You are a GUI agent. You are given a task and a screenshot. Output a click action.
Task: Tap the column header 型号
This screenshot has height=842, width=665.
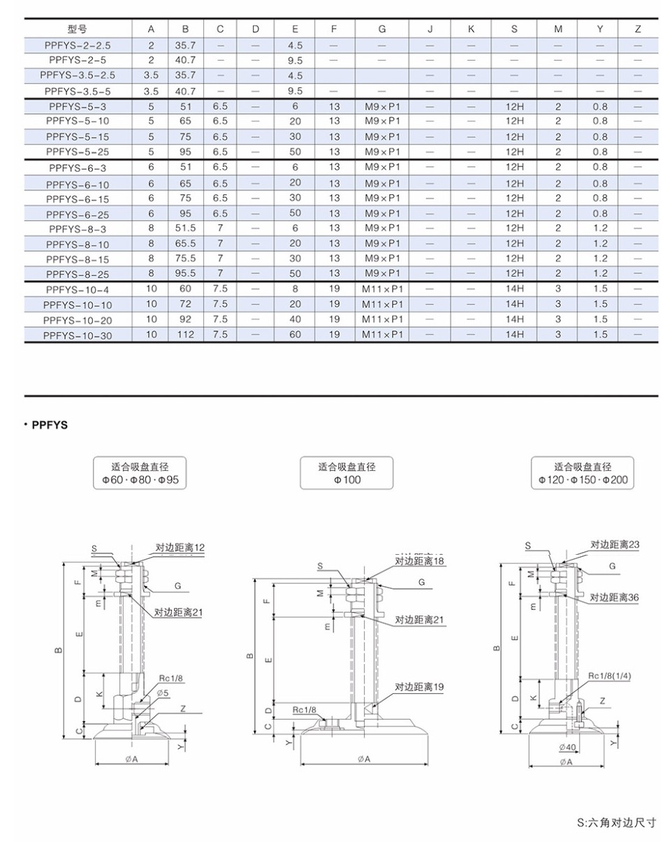point(78,29)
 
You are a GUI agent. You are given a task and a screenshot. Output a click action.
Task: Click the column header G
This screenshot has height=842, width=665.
point(382,29)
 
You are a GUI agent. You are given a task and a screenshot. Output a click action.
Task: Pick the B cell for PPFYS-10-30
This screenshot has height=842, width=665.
point(185,335)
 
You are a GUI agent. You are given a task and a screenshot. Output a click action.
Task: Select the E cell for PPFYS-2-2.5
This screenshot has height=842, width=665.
point(295,45)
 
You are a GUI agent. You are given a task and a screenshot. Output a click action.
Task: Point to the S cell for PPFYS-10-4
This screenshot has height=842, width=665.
point(514,289)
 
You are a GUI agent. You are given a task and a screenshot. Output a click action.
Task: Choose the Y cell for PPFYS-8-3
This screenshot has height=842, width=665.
point(600,228)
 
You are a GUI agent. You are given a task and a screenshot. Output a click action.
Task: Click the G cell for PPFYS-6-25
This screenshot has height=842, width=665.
point(382,213)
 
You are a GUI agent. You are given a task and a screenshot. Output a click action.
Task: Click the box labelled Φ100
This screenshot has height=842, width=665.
point(346,474)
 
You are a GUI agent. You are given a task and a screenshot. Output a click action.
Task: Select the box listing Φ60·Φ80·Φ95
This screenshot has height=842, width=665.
point(140,474)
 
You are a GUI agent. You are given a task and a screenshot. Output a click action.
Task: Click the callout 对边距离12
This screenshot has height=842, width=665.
point(180,548)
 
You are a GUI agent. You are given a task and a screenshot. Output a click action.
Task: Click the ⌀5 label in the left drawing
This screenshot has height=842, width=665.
point(163,692)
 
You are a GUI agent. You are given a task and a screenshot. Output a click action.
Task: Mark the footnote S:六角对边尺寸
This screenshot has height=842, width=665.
point(617,822)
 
